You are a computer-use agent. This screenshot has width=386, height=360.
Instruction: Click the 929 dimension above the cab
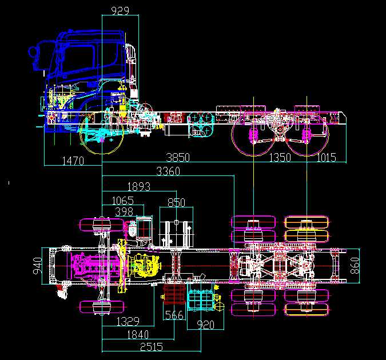[x=120, y=11]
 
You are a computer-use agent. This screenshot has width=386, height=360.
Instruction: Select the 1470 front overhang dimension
[x=73, y=161]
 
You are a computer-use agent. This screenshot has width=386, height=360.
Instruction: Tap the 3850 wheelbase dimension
[x=178, y=157]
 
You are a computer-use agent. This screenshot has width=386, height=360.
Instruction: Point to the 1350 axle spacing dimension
[x=280, y=157]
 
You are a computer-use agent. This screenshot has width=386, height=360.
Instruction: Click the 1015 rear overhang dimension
[x=326, y=157]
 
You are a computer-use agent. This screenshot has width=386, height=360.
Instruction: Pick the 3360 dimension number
[x=168, y=171]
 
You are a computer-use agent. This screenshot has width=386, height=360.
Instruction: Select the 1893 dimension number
[x=139, y=187]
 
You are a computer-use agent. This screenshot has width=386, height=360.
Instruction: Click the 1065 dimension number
[x=122, y=201]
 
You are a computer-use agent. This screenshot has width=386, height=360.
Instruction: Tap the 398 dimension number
[x=124, y=211]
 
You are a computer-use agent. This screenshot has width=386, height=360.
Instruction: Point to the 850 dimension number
[x=176, y=202]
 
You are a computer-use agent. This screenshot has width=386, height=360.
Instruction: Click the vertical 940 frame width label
[x=38, y=266]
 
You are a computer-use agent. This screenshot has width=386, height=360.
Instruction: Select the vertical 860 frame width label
[x=355, y=266]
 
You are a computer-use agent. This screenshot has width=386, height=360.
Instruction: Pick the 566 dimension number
[x=174, y=315]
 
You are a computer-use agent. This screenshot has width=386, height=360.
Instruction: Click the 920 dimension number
[x=205, y=325]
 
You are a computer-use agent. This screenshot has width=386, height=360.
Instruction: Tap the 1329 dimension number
[x=128, y=321]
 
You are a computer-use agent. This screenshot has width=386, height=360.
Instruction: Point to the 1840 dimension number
[x=138, y=335]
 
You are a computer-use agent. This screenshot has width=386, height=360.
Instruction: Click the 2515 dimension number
[x=152, y=347]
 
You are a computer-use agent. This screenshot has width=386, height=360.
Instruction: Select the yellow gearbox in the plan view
[x=144, y=266]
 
